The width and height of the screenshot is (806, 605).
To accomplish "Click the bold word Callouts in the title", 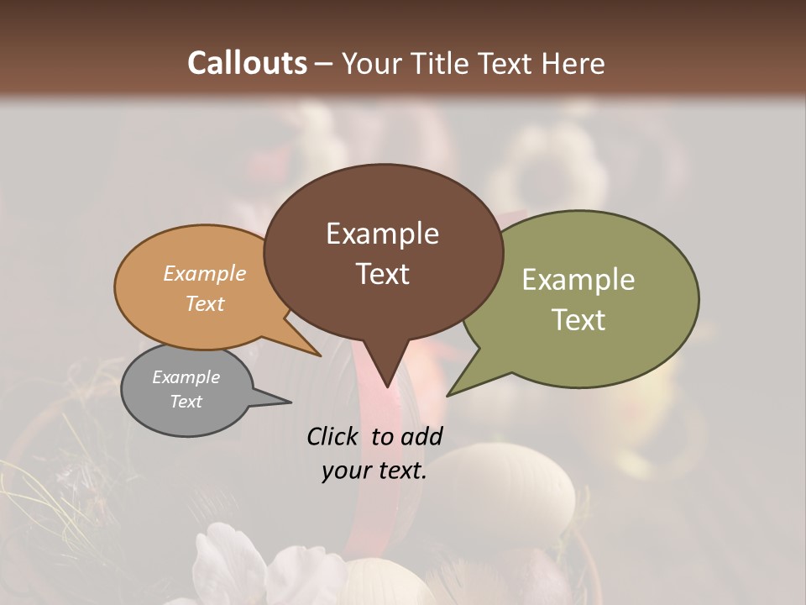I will click(247, 63).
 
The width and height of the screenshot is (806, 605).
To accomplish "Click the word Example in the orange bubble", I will click(204, 273).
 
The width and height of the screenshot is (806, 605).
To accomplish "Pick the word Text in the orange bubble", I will click(204, 303).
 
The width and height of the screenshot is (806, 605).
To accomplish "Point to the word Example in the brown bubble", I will click(382, 234).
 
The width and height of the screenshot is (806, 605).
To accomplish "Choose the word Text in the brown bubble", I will click(382, 274).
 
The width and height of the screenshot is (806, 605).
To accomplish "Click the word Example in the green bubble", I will click(578, 280).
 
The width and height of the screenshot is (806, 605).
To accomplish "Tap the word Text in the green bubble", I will click(578, 320).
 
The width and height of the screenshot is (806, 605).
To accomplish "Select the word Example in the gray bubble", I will click(186, 377).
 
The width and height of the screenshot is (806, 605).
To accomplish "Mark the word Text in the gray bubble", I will click(186, 402).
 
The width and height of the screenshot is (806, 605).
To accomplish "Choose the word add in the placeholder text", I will click(423, 436).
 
